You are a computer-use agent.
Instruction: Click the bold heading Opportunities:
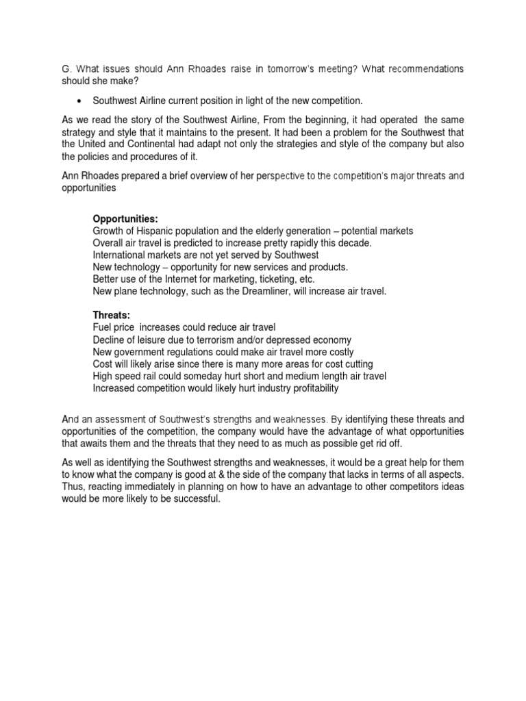[125, 219]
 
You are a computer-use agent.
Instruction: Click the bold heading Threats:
[110, 316]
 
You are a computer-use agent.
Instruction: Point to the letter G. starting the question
[66, 69]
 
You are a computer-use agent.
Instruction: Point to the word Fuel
[104, 328]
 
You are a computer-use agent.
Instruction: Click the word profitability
[306, 388]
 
